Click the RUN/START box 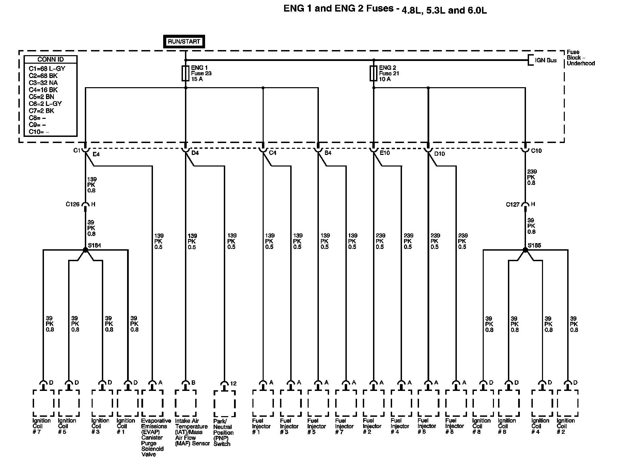click(184, 42)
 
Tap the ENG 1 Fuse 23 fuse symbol click(185, 73)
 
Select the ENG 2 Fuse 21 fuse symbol click(373, 73)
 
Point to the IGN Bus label click(546, 60)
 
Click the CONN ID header click(50, 60)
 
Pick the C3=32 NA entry click(43, 83)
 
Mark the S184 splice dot click(86, 250)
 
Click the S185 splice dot click(525, 250)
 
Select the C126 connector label click(73, 204)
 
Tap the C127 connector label click(513, 205)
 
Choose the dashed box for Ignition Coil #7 click(43, 403)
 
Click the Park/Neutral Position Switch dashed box click(224, 404)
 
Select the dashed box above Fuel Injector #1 click(263, 403)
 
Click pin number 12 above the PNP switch click(233, 384)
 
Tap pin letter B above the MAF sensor click(193, 383)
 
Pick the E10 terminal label click(385, 153)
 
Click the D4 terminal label click(195, 153)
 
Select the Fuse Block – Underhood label click(580, 58)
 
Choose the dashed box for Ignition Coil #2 click(568, 403)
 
